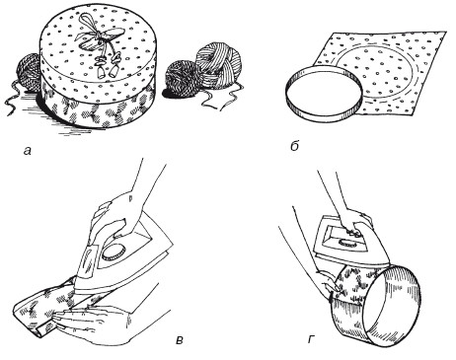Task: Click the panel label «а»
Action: point(28,151)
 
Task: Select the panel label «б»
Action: point(294,146)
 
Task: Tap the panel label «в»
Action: point(180,340)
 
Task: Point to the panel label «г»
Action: point(311,340)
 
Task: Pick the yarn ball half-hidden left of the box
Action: point(29,72)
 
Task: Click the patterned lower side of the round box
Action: point(98,109)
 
